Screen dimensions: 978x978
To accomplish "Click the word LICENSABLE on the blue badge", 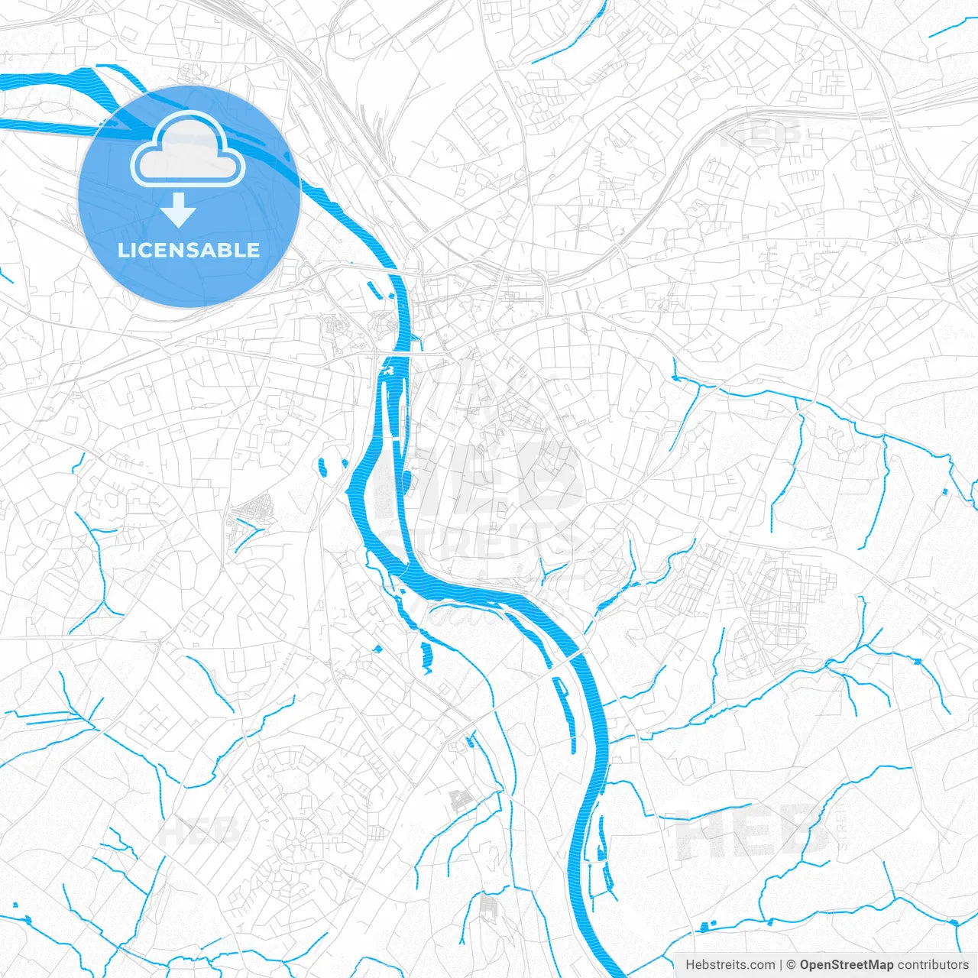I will click(x=189, y=250).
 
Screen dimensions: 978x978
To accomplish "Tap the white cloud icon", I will click(x=187, y=149).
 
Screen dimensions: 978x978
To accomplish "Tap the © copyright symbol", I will click(x=792, y=965).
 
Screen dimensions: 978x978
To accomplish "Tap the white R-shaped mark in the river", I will click(x=387, y=371).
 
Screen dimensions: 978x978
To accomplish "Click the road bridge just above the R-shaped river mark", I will click(x=397, y=354).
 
